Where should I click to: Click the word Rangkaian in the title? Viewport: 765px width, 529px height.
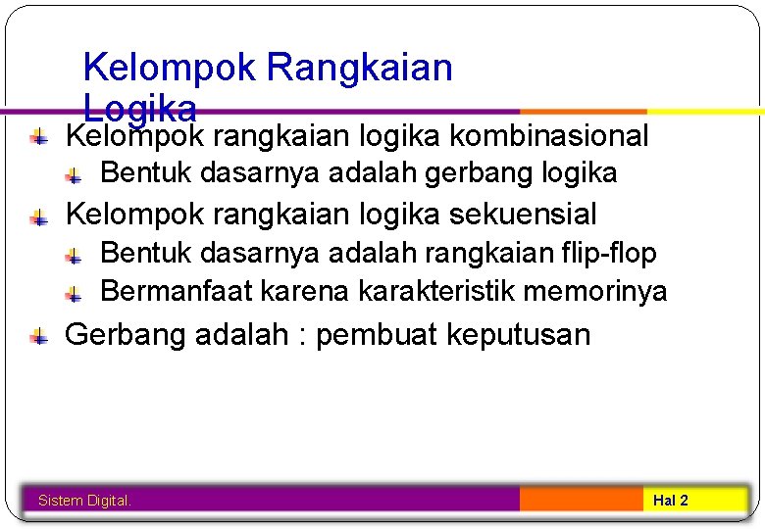360,69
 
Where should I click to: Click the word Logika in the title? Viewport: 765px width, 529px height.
140,106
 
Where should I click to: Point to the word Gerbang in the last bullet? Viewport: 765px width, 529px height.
125,335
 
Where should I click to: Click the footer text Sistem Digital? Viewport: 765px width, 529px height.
84,501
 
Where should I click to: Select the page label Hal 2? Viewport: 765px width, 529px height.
671,501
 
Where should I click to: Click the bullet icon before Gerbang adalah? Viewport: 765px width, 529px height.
38,337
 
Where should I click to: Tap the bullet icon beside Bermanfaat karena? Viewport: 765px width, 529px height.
75,293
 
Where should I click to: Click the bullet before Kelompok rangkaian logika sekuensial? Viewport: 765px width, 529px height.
38,216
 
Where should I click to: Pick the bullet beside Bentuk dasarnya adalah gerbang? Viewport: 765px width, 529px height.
75,176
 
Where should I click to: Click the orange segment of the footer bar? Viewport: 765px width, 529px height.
581,500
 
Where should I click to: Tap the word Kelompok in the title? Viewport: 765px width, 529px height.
169,69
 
